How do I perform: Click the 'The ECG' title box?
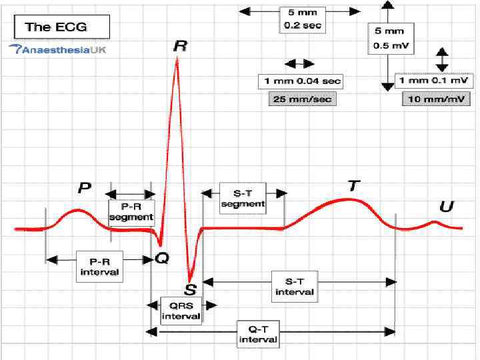pos(57,28)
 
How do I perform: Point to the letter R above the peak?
pos(179,47)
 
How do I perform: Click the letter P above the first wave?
pos(85,187)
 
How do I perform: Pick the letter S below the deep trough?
pos(190,289)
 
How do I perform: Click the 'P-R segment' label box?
pos(131,212)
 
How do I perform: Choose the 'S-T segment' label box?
pos(243,199)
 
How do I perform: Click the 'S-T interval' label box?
pos(295,287)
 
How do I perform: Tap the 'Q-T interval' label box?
pos(258,333)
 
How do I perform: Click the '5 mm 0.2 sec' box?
pos(298,20)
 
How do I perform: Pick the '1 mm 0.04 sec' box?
pos(299,81)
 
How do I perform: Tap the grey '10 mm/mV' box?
pos(435,98)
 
